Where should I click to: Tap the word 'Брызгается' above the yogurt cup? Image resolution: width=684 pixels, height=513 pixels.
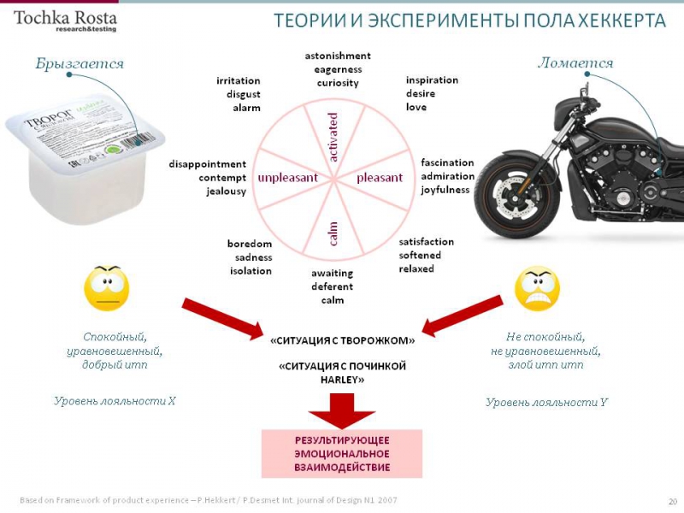[x=80, y=64]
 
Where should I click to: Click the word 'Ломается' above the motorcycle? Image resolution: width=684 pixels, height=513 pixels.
[x=575, y=63]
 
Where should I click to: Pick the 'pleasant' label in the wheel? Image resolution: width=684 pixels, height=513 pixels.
[x=379, y=178]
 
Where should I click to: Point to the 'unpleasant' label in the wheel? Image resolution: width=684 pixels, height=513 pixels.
[x=288, y=178]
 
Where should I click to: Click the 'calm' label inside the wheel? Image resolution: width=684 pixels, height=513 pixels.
[x=333, y=232]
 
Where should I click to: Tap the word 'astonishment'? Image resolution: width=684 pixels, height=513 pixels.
[x=338, y=56]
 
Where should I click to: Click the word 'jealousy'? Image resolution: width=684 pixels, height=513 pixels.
[x=226, y=192]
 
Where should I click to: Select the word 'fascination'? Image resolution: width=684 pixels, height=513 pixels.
[x=447, y=162]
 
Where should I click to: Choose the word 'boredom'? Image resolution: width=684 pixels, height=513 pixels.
[x=250, y=244]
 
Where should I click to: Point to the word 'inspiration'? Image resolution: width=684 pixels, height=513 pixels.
[x=432, y=80]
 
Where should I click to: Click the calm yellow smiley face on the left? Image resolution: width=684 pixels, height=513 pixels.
[x=107, y=289]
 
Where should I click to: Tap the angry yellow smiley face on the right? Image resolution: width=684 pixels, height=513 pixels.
[x=537, y=289]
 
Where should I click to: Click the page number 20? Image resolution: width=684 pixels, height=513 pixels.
[x=672, y=500]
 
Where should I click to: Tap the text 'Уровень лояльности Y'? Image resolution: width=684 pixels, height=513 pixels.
[x=546, y=402]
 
